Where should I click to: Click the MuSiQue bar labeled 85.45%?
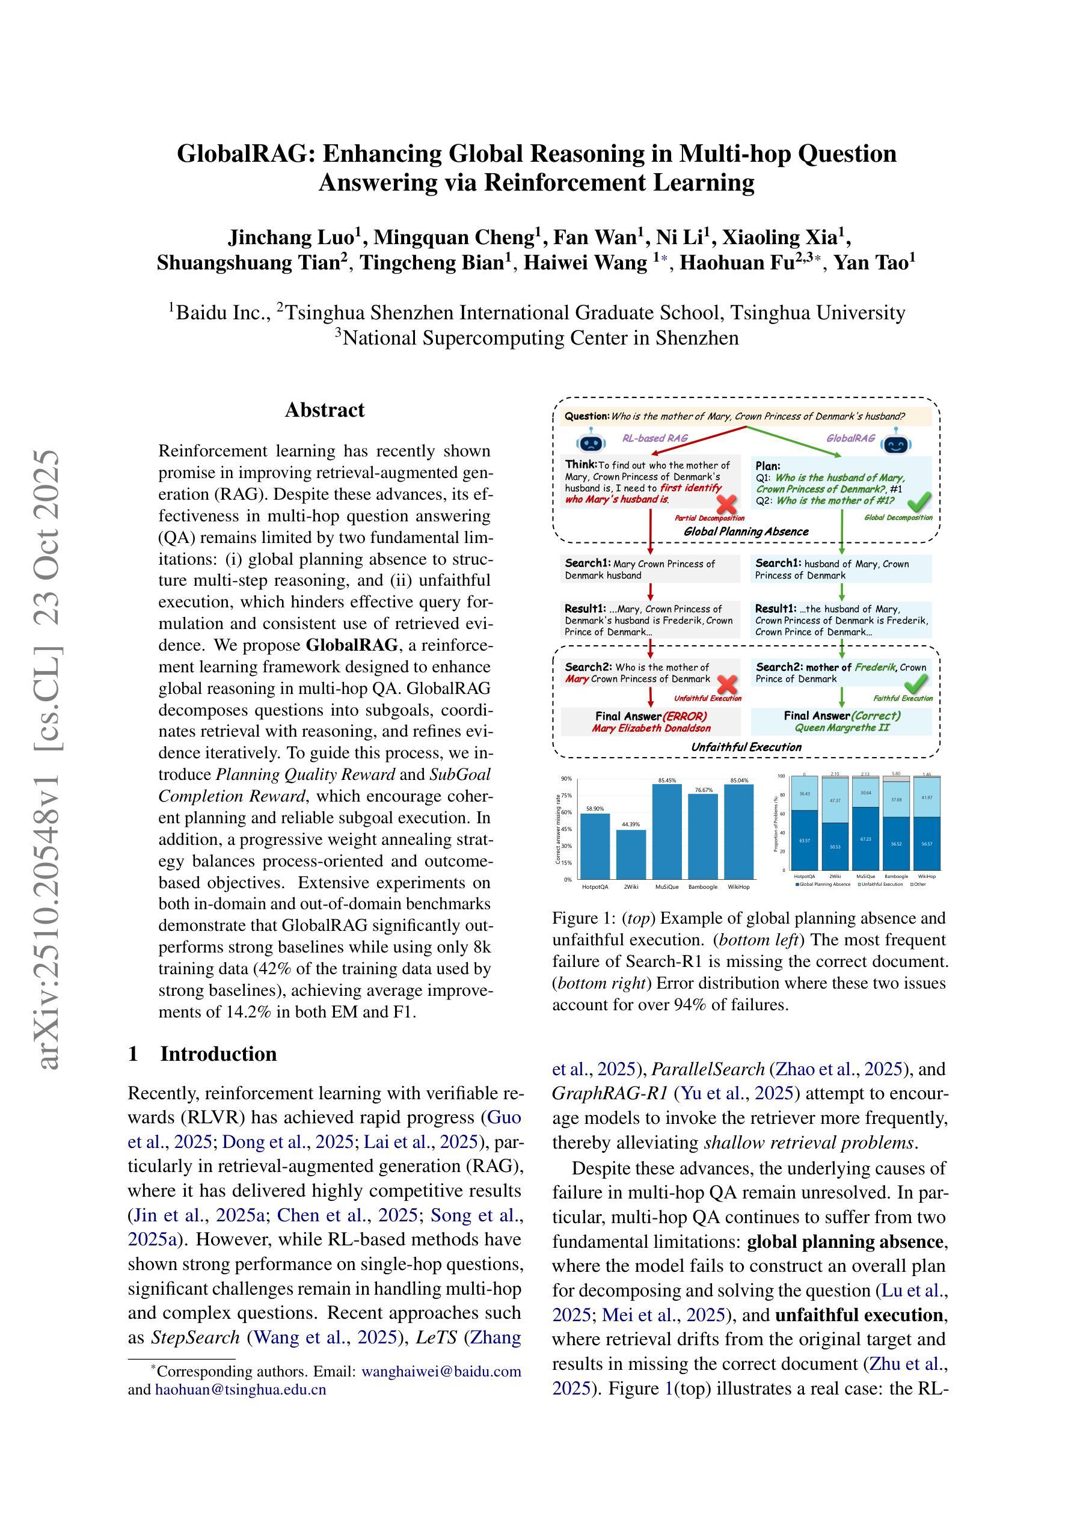667,831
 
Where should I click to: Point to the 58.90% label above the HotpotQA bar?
595,808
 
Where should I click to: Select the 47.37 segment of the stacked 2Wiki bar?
835,800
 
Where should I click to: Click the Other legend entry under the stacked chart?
917,884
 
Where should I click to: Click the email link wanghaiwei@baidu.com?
441,1372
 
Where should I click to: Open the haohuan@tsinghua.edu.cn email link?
241,1389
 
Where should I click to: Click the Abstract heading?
324,410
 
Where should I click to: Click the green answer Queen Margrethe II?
842,728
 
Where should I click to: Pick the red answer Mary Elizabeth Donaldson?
651,728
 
